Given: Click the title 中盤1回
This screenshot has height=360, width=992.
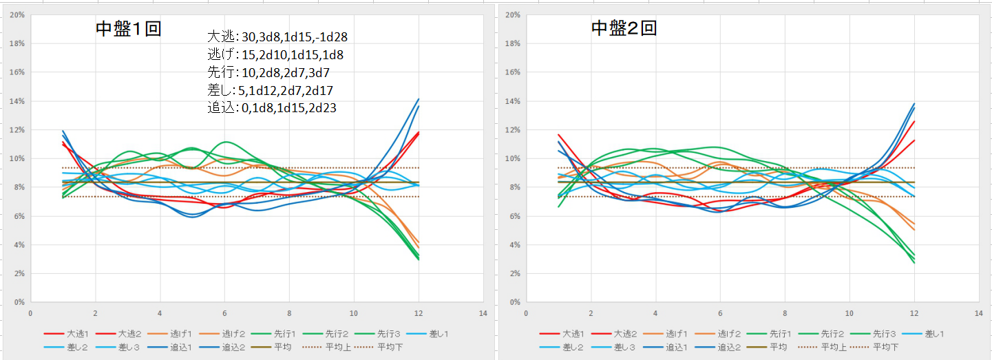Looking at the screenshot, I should pos(128,29).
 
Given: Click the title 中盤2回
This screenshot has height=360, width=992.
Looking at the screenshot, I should pos(624,28).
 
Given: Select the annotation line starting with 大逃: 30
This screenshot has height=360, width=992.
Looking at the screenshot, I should pos(282,36).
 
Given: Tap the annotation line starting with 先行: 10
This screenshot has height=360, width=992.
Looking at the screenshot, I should pos(271,72).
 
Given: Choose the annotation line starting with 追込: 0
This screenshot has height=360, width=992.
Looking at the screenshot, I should pos(272,108).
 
